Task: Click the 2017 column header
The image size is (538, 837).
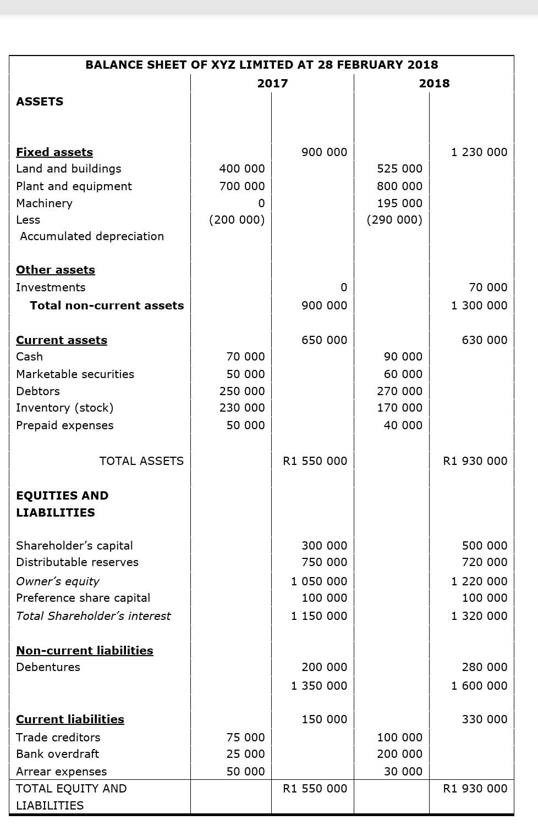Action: click(272, 84)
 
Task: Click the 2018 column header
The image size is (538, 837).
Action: click(434, 84)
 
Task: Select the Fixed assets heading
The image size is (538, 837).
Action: click(54, 152)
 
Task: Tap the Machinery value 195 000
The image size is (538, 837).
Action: click(399, 203)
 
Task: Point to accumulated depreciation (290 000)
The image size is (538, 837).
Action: click(394, 220)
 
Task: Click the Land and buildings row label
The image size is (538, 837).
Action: click(69, 169)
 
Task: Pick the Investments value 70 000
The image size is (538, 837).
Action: click(488, 287)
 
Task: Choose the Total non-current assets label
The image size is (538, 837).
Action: click(107, 306)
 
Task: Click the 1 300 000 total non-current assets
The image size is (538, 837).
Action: click(479, 306)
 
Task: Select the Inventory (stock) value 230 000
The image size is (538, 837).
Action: click(242, 408)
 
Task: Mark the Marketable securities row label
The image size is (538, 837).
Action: click(75, 374)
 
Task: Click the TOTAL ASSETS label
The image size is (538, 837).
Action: click(141, 461)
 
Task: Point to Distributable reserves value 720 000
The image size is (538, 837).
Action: click(484, 562)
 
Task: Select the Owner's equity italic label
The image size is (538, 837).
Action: click(58, 581)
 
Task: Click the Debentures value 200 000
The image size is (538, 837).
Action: click(324, 667)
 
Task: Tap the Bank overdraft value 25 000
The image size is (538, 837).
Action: click(245, 754)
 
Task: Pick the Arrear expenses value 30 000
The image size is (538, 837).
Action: click(403, 772)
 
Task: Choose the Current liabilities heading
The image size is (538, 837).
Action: click(70, 719)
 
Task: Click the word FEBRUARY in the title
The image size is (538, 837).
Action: click(370, 65)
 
